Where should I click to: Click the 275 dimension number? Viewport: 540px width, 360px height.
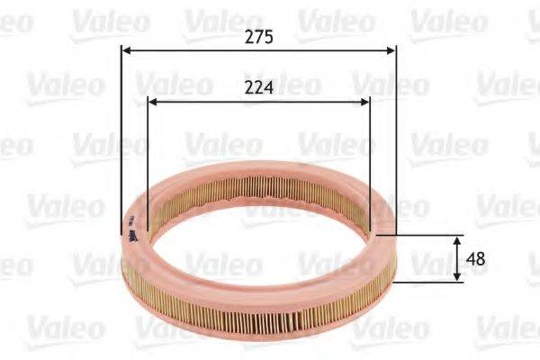(x=258, y=37)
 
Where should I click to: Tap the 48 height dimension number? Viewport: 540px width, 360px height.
(x=477, y=259)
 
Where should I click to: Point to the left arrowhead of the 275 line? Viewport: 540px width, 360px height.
(x=126, y=51)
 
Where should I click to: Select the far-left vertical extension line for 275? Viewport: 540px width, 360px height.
(x=121, y=135)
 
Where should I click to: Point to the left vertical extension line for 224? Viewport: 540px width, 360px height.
(x=146, y=153)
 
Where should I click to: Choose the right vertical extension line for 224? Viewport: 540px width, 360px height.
(x=370, y=153)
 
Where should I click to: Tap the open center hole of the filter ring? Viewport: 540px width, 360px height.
(x=256, y=238)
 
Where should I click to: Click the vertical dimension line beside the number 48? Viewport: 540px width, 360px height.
(x=457, y=259)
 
